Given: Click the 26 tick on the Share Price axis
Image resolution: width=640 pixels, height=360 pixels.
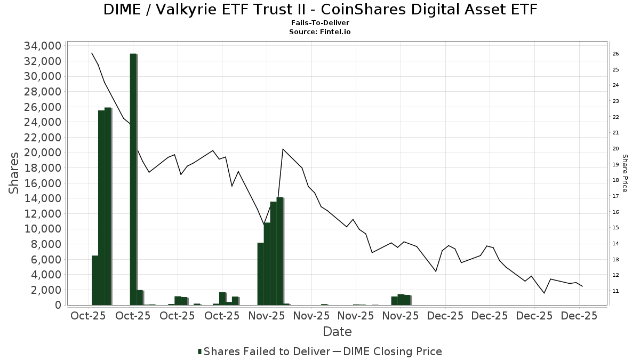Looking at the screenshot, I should click(615, 54).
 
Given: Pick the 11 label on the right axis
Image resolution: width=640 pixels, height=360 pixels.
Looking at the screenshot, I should click(615, 291).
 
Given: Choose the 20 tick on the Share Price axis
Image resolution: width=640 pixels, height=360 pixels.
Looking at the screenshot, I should click(615, 149).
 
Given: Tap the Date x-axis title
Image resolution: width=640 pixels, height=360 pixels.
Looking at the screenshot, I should click(337, 332).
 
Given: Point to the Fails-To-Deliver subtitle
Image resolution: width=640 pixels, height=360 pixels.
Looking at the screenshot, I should click(320, 23).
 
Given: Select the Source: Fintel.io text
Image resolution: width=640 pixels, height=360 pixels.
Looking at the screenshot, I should click(320, 32).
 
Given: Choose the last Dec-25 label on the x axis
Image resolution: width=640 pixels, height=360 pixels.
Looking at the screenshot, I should click(579, 316).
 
